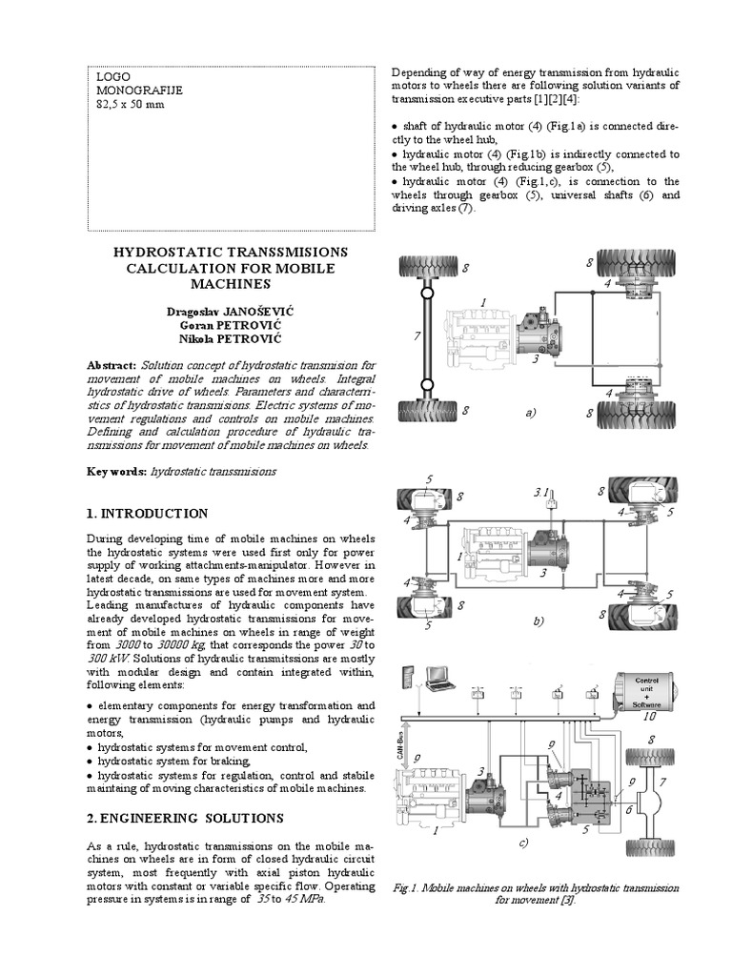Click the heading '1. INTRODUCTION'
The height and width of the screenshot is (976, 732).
pos(147,514)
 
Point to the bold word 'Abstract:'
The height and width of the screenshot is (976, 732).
pos(112,366)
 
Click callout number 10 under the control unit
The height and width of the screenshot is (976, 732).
pos(650,717)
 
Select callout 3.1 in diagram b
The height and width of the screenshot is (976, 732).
pos(539,493)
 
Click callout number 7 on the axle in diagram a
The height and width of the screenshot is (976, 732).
pos(417,336)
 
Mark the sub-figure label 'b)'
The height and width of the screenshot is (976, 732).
pos(538,620)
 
